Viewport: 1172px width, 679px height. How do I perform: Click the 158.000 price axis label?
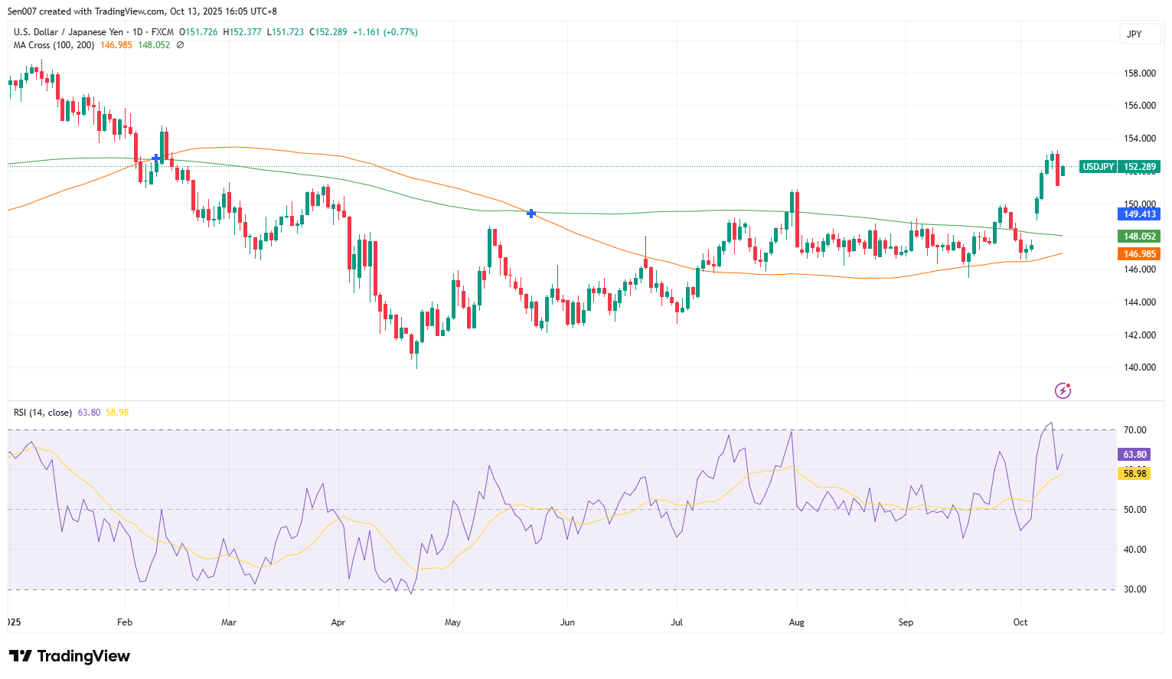(x=1139, y=73)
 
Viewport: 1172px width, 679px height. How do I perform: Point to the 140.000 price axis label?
(x=1139, y=367)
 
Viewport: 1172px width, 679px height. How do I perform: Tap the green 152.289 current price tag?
(x=1139, y=167)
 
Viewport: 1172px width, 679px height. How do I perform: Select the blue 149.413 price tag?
(x=1139, y=214)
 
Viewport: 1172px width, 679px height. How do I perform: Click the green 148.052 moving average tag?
(x=1139, y=237)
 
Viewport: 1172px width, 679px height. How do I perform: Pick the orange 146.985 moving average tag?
(x=1139, y=254)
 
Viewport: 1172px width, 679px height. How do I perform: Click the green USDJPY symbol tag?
(x=1098, y=167)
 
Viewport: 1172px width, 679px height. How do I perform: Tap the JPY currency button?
(x=1134, y=34)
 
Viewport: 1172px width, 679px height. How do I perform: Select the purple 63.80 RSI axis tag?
(x=1134, y=455)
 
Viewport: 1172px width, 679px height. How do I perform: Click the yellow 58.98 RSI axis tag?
(x=1134, y=474)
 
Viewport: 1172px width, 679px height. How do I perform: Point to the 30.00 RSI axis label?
(x=1134, y=589)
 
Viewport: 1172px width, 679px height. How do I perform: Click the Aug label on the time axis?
(x=796, y=622)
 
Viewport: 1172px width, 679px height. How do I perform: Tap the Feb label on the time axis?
(x=125, y=622)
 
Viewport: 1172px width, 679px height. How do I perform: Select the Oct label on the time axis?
(x=1020, y=622)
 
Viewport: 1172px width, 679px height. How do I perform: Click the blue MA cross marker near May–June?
(x=531, y=214)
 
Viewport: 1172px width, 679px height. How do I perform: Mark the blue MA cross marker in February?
(x=156, y=158)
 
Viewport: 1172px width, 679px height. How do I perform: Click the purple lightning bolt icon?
(x=1063, y=391)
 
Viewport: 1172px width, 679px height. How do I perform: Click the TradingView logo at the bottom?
(x=70, y=656)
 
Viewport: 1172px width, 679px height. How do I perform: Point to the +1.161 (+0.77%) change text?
(x=385, y=32)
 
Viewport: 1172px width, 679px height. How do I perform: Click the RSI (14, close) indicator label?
(x=43, y=413)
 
